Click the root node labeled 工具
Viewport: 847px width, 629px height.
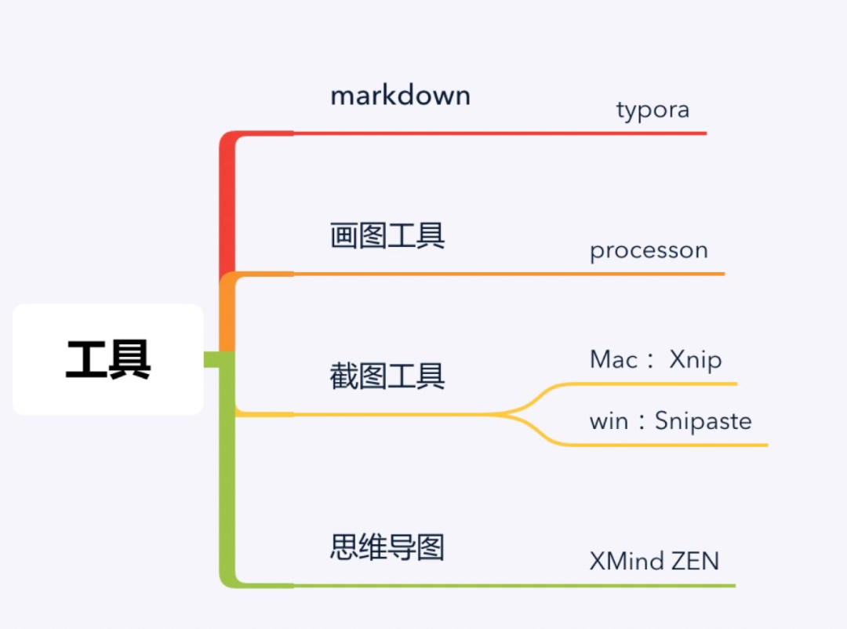coord(108,360)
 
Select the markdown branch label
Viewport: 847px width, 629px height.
coord(400,96)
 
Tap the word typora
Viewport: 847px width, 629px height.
coord(653,109)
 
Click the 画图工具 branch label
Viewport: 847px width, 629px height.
coord(387,235)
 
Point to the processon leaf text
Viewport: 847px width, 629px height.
coord(649,250)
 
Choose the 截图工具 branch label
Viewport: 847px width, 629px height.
coord(387,376)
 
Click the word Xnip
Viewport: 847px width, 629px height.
coord(696,359)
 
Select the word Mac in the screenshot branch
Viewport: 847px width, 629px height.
coord(613,359)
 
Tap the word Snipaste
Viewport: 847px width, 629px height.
coord(703,421)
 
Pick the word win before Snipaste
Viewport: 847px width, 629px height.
coord(609,421)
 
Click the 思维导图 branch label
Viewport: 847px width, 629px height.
coord(387,547)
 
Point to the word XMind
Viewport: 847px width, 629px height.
coord(626,561)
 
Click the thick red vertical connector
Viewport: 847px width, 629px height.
coord(227,204)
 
